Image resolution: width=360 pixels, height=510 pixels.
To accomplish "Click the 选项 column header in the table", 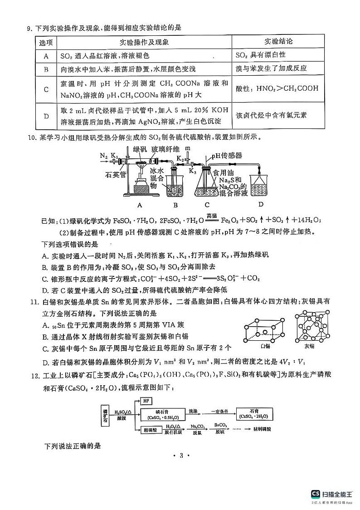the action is point(46,42).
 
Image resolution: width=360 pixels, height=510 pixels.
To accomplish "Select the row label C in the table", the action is point(46,89).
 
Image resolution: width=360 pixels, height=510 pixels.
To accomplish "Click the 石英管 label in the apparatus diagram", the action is point(115,173).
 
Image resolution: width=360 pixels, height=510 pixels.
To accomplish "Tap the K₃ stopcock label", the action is point(192,171).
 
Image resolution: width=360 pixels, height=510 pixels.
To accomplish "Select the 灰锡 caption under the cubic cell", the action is point(309,346).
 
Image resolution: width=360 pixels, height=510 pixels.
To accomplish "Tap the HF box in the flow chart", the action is point(146,401).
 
